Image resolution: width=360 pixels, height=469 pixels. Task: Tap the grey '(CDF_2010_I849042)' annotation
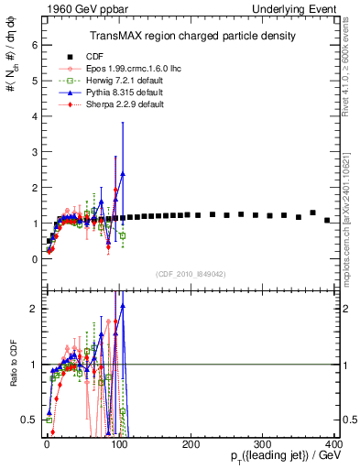(191, 274)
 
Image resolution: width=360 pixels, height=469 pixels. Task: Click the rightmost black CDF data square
(327, 220)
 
